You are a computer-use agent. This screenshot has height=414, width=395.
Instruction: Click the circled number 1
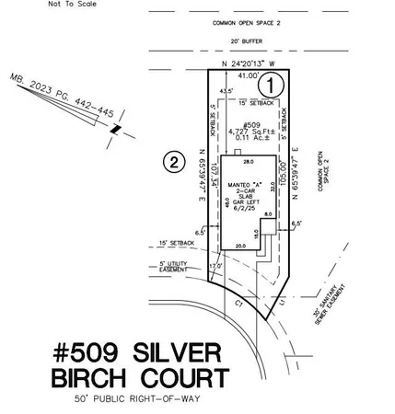point(267,85)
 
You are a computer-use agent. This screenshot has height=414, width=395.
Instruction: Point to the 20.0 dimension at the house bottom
point(240,246)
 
